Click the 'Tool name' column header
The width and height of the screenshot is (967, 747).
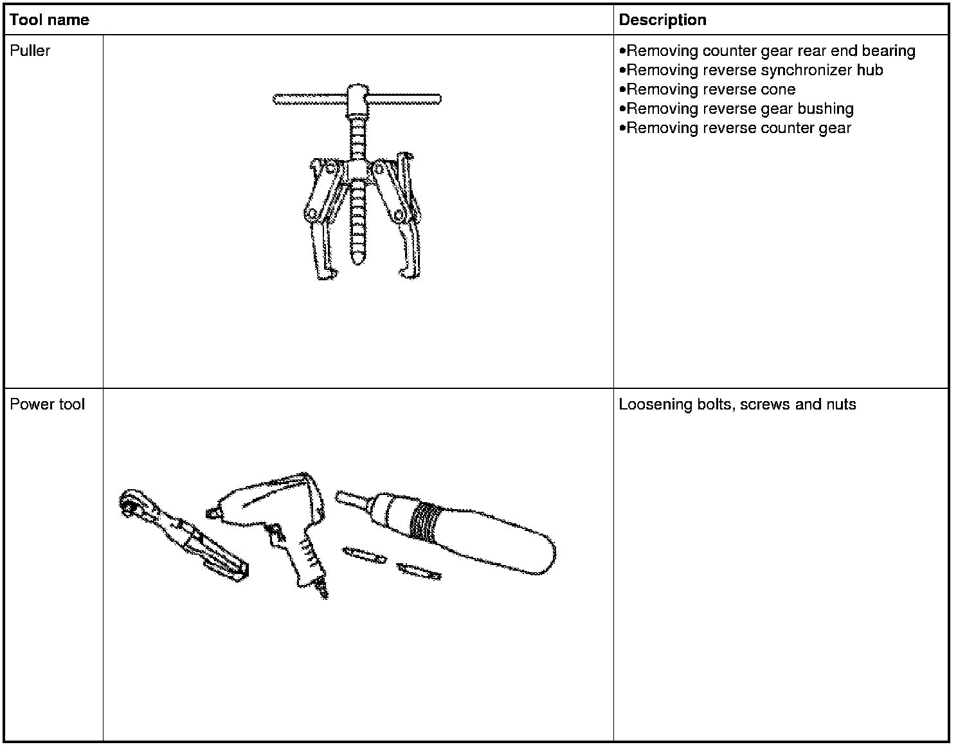pyautogui.click(x=50, y=20)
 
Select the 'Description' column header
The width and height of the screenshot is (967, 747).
pyautogui.click(x=662, y=20)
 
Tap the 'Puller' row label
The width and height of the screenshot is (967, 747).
pyautogui.click(x=30, y=51)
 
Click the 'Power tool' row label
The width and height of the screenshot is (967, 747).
pyautogui.click(x=47, y=404)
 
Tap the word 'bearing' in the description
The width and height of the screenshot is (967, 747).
pyautogui.click(x=890, y=51)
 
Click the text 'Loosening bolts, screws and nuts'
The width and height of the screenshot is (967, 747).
pyautogui.click(x=737, y=404)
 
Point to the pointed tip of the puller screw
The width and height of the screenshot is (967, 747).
pyautogui.click(x=357, y=260)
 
